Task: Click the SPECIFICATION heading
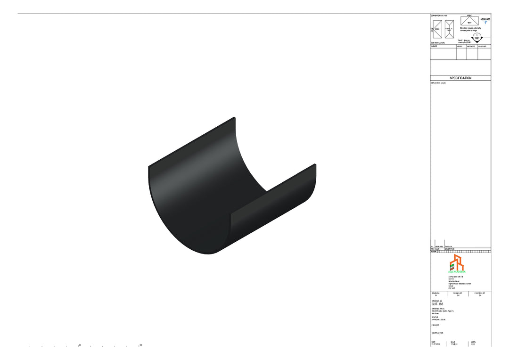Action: (x=460, y=78)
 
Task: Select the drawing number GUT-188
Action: (x=437, y=304)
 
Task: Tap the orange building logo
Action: (x=456, y=262)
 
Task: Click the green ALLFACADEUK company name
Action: (x=457, y=272)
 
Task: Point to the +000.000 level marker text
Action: (x=485, y=19)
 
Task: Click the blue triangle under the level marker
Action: (x=485, y=23)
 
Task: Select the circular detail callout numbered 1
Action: (x=477, y=37)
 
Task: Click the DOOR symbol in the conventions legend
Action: (x=437, y=29)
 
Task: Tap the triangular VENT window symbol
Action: (x=469, y=21)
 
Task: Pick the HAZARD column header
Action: (x=434, y=47)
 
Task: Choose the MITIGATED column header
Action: (x=471, y=47)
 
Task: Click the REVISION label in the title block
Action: (x=436, y=293)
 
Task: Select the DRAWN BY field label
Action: (x=458, y=293)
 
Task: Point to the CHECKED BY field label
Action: (x=480, y=293)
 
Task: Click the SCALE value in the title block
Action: (x=454, y=344)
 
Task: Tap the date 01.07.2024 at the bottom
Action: (x=435, y=344)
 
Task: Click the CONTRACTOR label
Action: (x=437, y=333)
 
